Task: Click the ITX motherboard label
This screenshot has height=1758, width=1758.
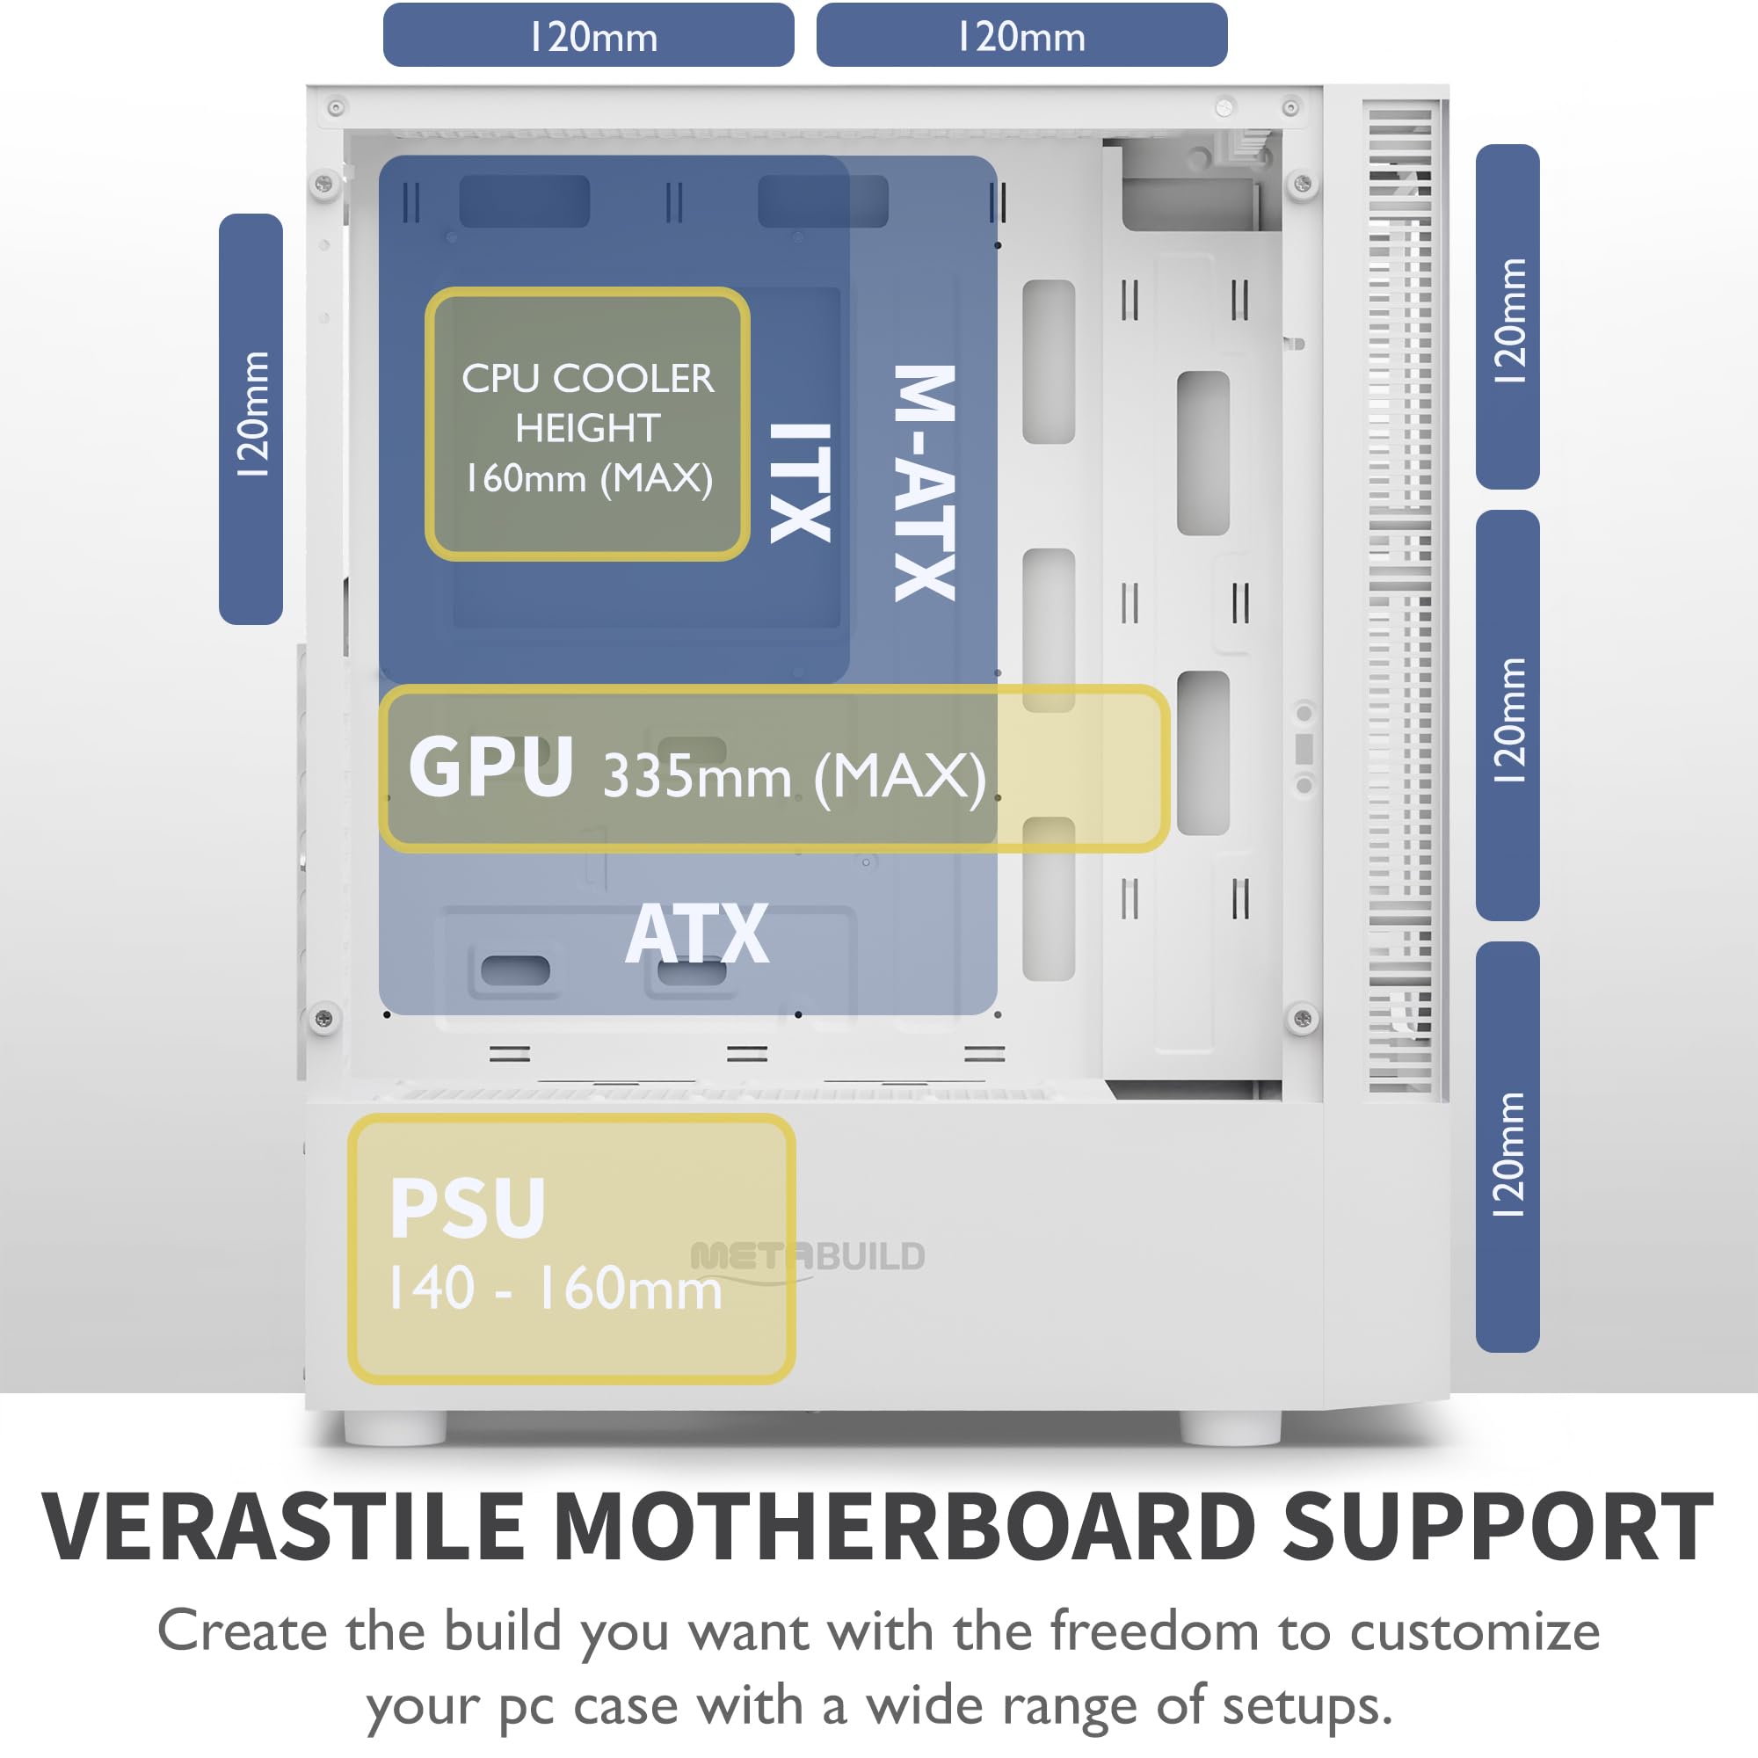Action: coord(800,483)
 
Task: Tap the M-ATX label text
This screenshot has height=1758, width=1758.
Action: coord(925,483)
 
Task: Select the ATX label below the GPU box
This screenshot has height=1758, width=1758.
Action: coord(697,933)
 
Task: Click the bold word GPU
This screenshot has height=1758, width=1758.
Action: coord(490,767)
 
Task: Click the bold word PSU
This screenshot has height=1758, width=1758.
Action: coord(468,1209)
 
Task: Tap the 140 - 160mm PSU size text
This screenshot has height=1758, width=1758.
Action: coord(555,1289)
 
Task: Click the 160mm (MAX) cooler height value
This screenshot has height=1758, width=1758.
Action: coord(589,477)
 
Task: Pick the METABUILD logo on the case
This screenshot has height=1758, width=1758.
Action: coord(808,1257)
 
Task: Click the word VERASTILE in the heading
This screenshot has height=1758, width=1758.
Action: coord(282,1528)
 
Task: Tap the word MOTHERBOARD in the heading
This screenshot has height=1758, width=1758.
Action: coord(904,1528)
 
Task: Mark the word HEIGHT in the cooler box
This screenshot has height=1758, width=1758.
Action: coord(588,429)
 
